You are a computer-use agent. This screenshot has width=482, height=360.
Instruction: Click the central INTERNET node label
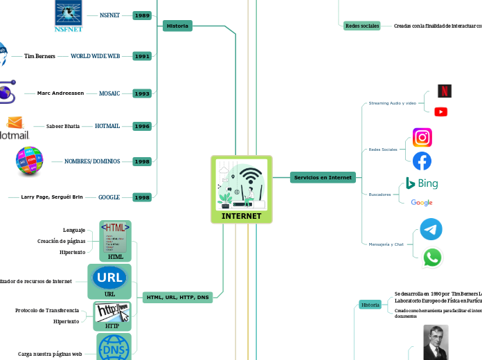pos(241,216)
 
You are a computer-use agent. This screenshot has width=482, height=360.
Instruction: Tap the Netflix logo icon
pos(445,91)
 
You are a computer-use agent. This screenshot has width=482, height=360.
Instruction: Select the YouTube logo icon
pos(440,111)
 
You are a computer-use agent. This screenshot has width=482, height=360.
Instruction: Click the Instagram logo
pos(422,138)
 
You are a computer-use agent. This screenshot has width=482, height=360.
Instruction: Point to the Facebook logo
pos(422,161)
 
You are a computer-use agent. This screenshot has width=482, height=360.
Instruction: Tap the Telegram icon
pos(431,229)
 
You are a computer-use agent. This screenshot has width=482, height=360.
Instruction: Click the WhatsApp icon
pos(432,258)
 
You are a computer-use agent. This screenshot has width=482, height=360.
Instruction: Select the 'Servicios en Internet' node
pos(323,177)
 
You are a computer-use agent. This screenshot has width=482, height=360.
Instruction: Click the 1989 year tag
pos(142,15)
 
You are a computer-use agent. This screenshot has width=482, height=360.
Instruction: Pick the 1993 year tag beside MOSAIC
pos(142,93)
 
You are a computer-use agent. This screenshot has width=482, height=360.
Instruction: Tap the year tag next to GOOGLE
pos(142,197)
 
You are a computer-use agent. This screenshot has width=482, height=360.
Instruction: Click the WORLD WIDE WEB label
pos(96,56)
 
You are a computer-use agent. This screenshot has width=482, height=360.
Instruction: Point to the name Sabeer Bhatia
pos(63,127)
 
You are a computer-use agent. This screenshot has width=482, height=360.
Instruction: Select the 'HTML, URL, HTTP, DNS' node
pos(178,297)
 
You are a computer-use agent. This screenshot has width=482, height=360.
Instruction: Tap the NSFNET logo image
pos(68,15)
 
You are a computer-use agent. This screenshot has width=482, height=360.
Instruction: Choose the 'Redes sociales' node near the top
pos(361,26)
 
